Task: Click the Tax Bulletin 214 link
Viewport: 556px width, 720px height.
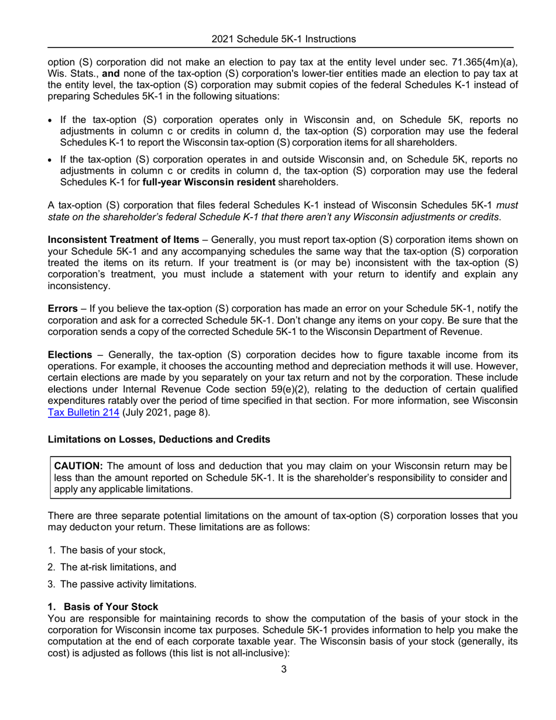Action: point(83,412)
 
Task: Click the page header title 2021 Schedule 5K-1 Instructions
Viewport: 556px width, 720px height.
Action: point(283,39)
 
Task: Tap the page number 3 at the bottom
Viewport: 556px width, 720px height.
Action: point(284,669)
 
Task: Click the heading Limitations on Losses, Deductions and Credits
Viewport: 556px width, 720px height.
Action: point(159,439)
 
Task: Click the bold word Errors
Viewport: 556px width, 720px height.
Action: point(62,308)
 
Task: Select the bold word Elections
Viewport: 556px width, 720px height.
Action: point(70,355)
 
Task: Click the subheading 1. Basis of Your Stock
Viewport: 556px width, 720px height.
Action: point(103,607)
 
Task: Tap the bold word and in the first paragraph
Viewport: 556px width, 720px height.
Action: point(78,73)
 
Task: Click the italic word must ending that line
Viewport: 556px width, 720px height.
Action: point(507,205)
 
